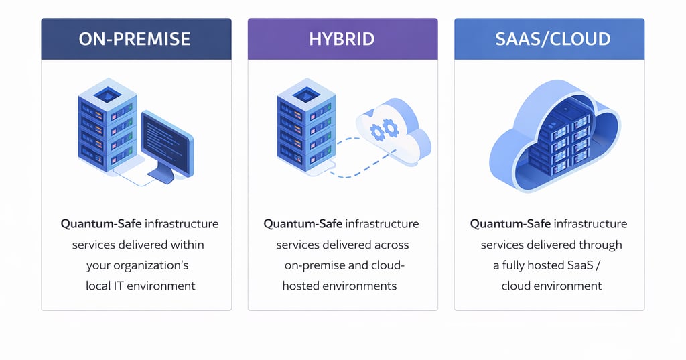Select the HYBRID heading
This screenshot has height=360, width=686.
pyautogui.click(x=342, y=39)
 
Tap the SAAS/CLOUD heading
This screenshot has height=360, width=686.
pyautogui.click(x=553, y=39)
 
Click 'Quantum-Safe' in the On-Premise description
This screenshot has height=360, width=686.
pyautogui.click(x=101, y=224)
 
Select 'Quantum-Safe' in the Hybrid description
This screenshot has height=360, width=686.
pyautogui.click(x=303, y=224)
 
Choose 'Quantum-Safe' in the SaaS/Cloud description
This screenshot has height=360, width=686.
pyautogui.click(x=510, y=224)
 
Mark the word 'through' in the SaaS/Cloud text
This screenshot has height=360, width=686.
pyautogui.click(x=600, y=245)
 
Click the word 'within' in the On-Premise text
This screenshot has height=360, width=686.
pyautogui.click(x=187, y=245)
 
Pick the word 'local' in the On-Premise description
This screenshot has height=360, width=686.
pyautogui.click(x=98, y=286)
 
